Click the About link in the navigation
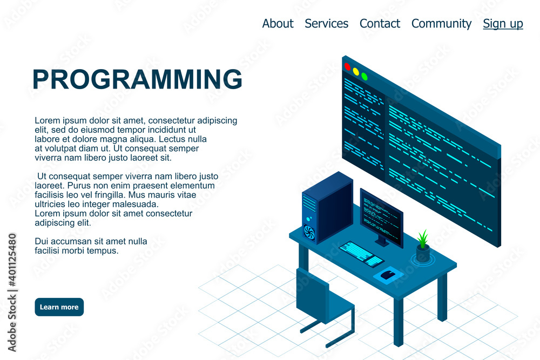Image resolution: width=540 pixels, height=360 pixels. click(x=278, y=24)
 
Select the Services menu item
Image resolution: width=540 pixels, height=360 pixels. click(x=326, y=24)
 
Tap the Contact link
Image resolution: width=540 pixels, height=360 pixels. click(x=380, y=24)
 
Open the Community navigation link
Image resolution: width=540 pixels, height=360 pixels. click(x=441, y=24)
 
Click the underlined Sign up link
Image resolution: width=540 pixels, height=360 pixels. click(x=503, y=24)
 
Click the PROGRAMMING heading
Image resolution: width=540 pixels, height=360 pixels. click(x=137, y=79)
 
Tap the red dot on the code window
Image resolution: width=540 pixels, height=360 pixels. click(x=347, y=66)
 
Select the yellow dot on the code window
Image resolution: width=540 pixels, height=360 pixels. click(x=356, y=71)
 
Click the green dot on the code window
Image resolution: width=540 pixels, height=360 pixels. click(x=364, y=76)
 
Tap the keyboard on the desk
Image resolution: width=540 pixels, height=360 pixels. click(x=361, y=254)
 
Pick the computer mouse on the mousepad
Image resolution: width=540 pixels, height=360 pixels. click(x=387, y=275)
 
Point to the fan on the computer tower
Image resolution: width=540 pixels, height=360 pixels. click(x=309, y=232)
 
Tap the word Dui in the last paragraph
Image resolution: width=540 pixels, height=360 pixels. click(x=42, y=241)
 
